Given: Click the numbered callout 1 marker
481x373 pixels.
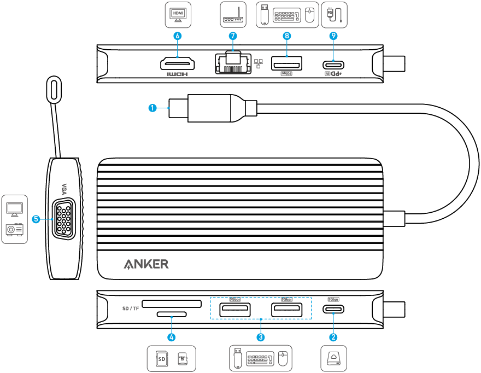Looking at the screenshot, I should click(153, 108).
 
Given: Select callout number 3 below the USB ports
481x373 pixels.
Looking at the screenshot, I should click(261, 337).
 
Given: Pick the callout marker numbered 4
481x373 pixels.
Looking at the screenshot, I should click(172, 337).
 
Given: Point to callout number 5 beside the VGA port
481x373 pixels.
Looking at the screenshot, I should click(36, 219).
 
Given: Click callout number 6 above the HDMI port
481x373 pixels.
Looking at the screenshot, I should click(177, 36).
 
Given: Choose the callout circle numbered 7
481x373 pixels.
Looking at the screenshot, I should click(233, 36).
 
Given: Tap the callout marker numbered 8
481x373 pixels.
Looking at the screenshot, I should click(287, 36).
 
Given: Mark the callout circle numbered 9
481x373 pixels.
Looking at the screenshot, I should click(333, 36).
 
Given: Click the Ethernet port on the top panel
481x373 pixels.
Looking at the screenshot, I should click(233, 63).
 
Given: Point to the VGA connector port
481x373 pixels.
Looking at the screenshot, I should click(65, 220).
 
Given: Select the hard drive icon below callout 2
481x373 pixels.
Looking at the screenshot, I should click(333, 359).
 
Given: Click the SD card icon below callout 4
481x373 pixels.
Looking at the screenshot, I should click(162, 359).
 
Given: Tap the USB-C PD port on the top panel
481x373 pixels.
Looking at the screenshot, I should click(333, 64).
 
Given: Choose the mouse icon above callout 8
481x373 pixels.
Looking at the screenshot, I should click(309, 15).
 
